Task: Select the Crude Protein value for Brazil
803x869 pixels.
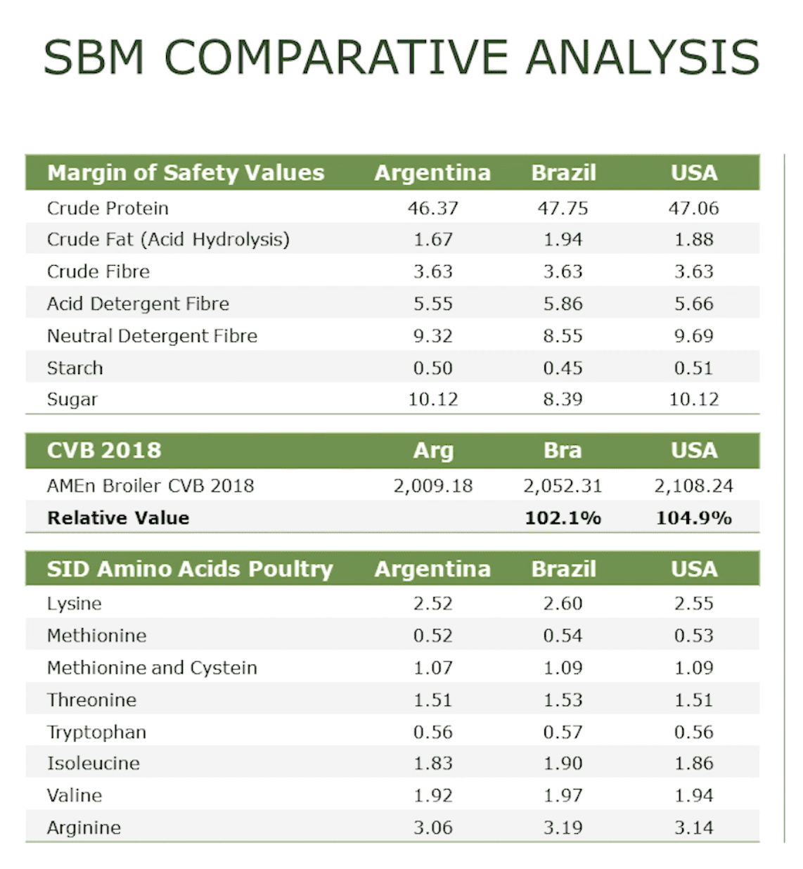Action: (563, 208)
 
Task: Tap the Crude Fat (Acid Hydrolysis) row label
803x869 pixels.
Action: (168, 240)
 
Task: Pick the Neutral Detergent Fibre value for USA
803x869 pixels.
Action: (693, 336)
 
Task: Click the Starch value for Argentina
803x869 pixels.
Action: (432, 368)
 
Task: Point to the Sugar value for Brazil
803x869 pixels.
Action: (563, 399)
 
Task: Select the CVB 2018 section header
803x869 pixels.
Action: (104, 451)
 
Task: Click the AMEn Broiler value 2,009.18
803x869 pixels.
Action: (432, 486)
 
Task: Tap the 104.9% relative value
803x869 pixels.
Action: (693, 518)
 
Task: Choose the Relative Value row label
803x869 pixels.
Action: (118, 518)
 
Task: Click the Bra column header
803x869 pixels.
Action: (563, 451)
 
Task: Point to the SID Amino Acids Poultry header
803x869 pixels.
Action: (190, 569)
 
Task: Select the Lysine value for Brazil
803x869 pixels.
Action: (563, 604)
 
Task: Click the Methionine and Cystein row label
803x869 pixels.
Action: (152, 668)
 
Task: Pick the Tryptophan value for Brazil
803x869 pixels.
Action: (563, 732)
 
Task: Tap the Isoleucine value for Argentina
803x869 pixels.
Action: (432, 764)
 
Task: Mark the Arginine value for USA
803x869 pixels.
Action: (693, 828)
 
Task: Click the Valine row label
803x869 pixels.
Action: (75, 796)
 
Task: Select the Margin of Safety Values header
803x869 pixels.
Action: (186, 173)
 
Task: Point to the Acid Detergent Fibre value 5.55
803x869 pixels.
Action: (432, 304)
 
